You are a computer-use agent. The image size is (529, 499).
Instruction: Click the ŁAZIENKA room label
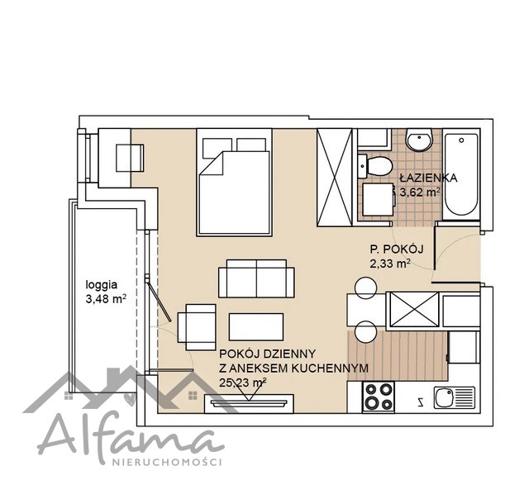(x=428, y=178)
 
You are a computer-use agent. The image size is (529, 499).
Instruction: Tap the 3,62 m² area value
(x=420, y=192)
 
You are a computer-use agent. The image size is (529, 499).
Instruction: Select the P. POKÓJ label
(x=397, y=249)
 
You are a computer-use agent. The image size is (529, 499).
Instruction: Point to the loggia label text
(x=102, y=285)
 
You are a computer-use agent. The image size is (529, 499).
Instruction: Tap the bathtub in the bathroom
(x=461, y=174)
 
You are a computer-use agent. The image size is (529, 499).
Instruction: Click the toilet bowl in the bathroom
(x=375, y=166)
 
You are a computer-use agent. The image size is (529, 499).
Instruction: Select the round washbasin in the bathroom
(x=419, y=139)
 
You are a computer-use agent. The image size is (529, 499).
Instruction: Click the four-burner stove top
(x=379, y=397)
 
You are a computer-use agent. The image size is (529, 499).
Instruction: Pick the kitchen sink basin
(x=444, y=397)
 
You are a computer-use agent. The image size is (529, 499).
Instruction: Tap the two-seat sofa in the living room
(x=256, y=278)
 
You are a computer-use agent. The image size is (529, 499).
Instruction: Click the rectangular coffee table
(x=256, y=326)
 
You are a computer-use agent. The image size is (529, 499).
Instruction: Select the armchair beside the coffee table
(x=197, y=327)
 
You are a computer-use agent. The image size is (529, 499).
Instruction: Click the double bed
(x=235, y=182)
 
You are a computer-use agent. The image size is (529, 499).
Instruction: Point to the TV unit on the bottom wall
(x=249, y=403)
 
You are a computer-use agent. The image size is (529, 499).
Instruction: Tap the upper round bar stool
(x=365, y=288)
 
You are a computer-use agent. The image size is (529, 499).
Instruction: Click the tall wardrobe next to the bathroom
(x=334, y=178)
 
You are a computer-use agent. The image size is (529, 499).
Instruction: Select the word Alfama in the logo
(x=130, y=436)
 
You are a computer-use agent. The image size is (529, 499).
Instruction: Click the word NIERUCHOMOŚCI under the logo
(x=166, y=462)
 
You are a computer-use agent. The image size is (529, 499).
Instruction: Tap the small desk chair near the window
(x=131, y=158)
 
